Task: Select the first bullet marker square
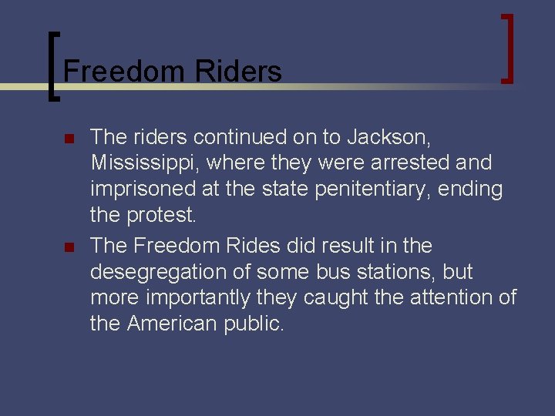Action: pos(68,140)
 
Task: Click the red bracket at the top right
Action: pos(506,48)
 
